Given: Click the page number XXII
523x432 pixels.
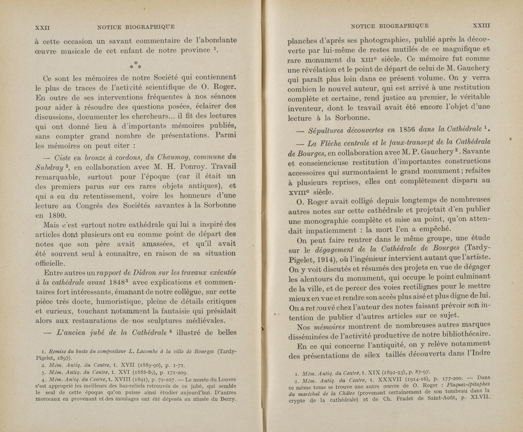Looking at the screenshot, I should pos(42,27).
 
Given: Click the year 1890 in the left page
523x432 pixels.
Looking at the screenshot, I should pos(56,216).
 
